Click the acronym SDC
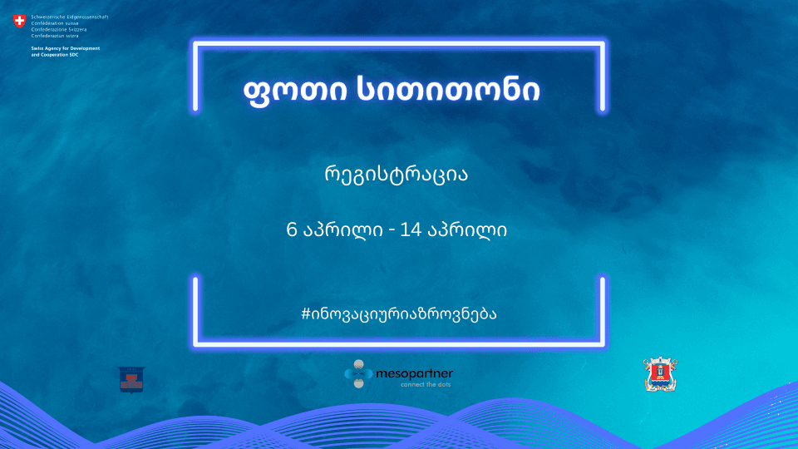pos(94,54)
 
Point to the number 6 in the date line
pos(291,229)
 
